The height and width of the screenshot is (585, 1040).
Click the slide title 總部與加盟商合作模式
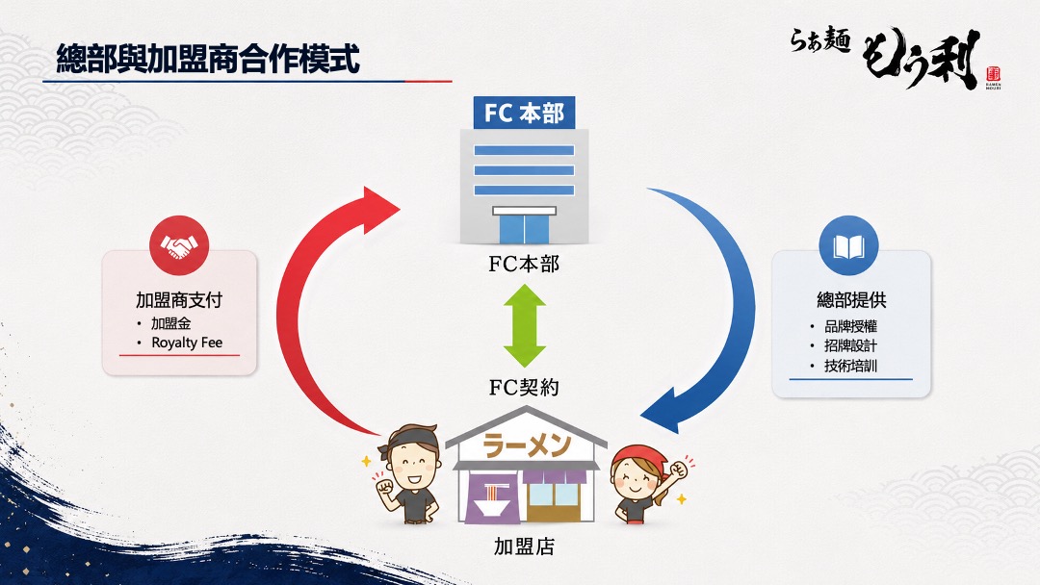tap(208, 59)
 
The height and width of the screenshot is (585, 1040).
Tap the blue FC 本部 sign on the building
tap(524, 113)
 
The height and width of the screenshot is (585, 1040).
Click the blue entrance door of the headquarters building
tap(524, 229)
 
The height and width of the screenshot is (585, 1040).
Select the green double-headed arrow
tap(524, 325)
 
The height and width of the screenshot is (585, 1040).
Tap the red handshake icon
tap(179, 245)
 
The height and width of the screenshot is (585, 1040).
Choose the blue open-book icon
tap(849, 245)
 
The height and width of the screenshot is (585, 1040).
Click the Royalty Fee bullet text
tap(187, 343)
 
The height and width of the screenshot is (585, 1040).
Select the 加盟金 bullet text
tap(171, 323)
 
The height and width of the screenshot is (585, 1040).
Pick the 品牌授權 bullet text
tap(851, 326)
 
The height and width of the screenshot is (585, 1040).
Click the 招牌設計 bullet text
tap(851, 345)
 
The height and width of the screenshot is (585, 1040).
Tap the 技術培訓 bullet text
tap(851, 366)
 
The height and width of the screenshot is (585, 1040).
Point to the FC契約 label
tap(524, 388)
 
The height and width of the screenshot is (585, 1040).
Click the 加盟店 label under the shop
tap(524, 547)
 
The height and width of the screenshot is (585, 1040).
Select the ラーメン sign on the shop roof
tap(527, 445)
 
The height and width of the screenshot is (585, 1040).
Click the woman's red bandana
tap(639, 458)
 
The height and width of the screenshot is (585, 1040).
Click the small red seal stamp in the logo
tap(993, 73)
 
